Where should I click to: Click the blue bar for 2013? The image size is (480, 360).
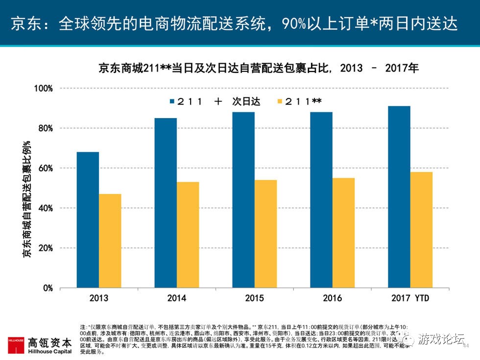point(88,220)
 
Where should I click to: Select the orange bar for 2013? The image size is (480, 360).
point(110,241)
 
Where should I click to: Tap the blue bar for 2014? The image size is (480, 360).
point(166,203)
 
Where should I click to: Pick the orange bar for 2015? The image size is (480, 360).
point(265,234)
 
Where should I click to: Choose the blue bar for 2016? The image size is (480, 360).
point(321,200)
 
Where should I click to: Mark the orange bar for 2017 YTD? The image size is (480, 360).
point(421,230)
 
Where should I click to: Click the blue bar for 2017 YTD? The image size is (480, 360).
point(399,197)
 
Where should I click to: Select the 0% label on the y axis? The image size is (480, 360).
point(47,288)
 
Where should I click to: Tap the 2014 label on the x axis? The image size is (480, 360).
point(177,298)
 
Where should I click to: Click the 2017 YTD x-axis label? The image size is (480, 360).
point(410,298)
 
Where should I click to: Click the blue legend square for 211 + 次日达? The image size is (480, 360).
point(172,101)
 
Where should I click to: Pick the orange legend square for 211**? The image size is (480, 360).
point(280,101)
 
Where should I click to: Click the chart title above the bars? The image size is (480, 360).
point(258,68)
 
